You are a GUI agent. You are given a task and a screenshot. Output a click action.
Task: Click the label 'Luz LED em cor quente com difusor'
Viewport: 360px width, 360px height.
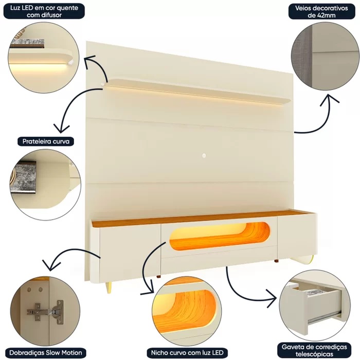click(44, 11)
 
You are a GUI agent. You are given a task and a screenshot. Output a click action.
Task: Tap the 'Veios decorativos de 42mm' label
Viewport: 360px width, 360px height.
click(321, 11)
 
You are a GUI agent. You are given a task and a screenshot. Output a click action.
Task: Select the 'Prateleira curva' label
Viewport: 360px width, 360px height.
click(46, 141)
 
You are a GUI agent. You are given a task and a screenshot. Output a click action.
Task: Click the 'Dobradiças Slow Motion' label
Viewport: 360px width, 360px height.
click(45, 352)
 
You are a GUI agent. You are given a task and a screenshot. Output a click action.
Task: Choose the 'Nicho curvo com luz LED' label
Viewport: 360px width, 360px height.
click(187, 352)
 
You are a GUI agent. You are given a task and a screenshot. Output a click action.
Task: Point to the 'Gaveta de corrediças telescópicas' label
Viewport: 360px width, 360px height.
click(314, 350)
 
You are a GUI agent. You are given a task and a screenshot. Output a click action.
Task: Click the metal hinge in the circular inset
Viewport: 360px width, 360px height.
click(45, 312)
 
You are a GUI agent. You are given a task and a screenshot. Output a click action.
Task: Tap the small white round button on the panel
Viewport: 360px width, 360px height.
click(204, 156)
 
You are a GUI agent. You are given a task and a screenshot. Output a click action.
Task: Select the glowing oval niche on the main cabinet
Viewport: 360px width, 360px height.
click(220, 236)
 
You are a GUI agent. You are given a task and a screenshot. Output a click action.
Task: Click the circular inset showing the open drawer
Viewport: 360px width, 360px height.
click(315, 305)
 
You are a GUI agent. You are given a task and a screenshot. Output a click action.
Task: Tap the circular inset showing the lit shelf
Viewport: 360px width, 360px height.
click(43, 58)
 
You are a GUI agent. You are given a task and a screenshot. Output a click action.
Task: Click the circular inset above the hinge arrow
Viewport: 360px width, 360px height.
click(46, 185)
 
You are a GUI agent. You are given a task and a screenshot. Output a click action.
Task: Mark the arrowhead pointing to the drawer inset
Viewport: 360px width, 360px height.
click(272, 298)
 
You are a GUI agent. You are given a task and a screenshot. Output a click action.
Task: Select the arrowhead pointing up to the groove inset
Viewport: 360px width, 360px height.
click(329, 99)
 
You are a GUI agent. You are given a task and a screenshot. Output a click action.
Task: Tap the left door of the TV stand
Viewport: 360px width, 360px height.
click(130, 250)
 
